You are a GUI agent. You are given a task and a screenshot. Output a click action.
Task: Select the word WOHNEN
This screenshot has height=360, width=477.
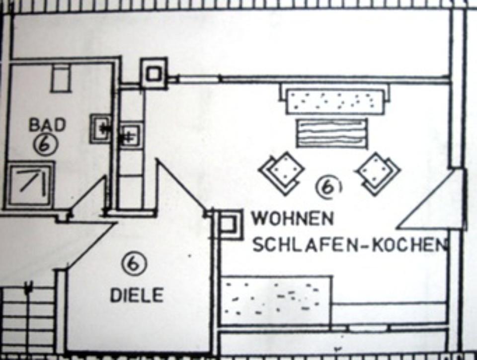coord(293,218)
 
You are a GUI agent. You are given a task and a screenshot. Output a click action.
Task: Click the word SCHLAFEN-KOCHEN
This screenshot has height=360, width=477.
coord(347,244)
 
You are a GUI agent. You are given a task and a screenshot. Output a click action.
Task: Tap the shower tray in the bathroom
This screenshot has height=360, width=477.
coord(30,182)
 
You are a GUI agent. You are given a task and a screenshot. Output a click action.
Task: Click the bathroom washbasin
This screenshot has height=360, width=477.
coord(101,128)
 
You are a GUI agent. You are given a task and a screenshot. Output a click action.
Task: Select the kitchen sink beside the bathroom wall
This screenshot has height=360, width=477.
coord(131,135)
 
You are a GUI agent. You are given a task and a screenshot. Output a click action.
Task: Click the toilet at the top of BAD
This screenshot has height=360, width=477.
coord(61,79)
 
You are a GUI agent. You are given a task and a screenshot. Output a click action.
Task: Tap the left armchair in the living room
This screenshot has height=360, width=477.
coord(281,173)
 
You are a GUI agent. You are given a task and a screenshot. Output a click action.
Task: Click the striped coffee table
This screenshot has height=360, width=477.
coord(332,133)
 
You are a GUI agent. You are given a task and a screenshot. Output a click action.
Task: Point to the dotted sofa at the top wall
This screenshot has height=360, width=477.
coord(335,101)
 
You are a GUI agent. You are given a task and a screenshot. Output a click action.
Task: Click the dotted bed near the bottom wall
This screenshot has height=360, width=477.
coord(275,300)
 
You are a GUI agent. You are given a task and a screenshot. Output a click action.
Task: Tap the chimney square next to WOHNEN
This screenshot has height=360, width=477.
coord(229,224)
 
